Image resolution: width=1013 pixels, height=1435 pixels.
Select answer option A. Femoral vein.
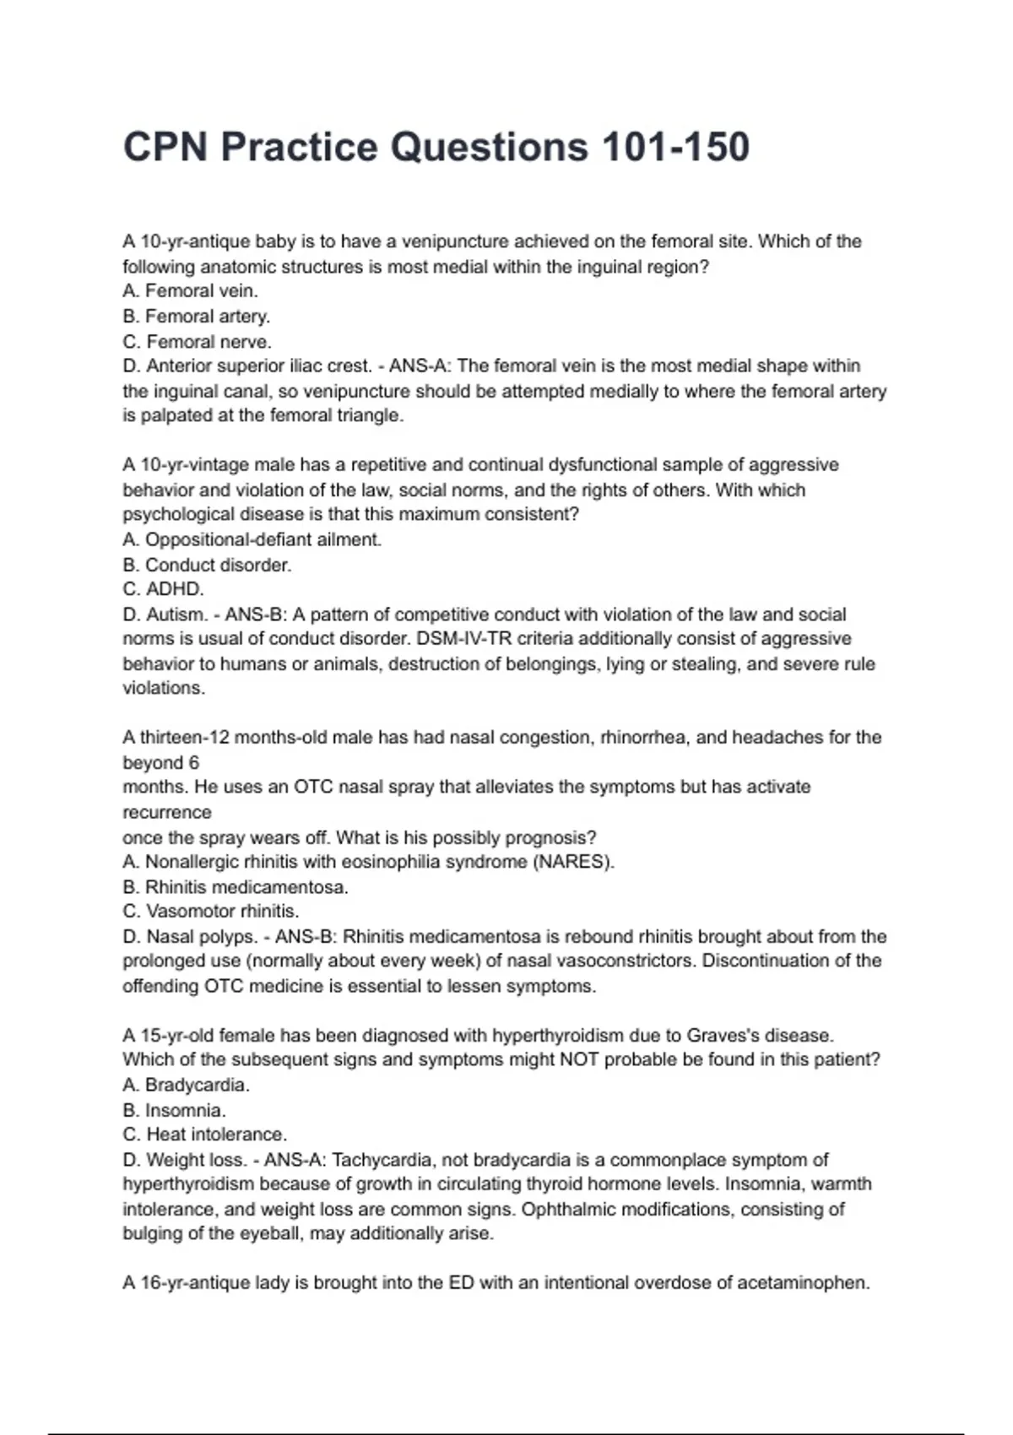190,291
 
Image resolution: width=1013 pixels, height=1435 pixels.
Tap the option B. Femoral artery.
196,317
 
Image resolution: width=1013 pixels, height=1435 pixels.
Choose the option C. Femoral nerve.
197,342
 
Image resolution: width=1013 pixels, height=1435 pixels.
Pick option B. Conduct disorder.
207,565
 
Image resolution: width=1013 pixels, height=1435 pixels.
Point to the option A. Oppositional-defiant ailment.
252,539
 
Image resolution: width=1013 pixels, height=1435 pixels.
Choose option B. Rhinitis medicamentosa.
236,887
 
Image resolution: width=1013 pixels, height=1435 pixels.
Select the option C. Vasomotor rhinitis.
211,912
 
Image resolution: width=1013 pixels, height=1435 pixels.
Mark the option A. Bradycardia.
186,1085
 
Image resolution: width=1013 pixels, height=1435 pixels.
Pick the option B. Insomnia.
174,1110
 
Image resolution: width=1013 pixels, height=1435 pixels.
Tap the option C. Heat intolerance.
204,1134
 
